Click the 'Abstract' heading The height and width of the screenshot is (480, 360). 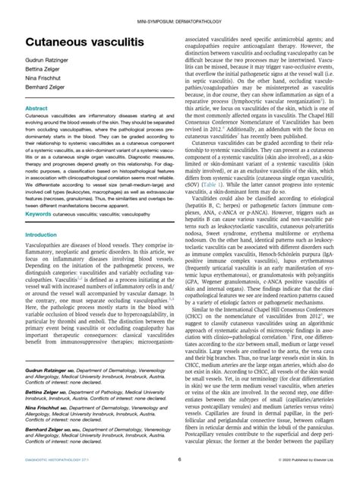pos(37,129)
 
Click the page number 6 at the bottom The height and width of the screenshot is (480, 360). pos(180,459)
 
